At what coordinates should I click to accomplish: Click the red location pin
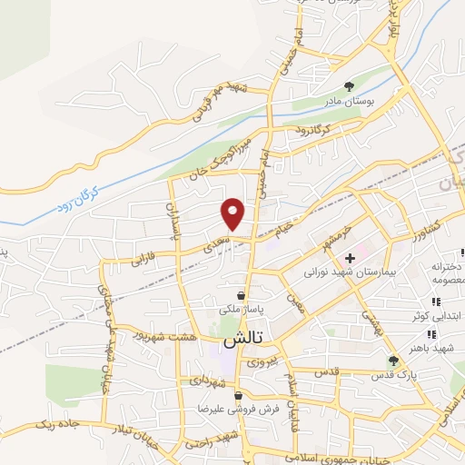click(x=233, y=213)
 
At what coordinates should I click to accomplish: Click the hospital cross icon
click(x=350, y=259)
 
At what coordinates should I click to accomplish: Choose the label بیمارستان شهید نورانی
click(x=340, y=272)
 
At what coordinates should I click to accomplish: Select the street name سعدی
click(x=212, y=244)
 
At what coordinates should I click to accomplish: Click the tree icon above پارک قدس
click(x=392, y=360)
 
